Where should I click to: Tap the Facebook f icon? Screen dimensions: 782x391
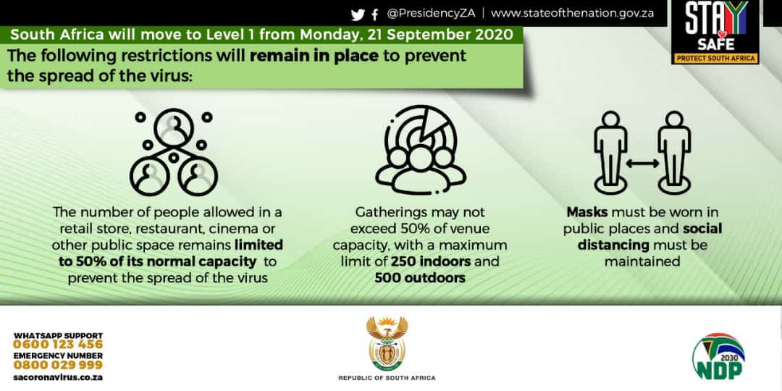[x=375, y=15]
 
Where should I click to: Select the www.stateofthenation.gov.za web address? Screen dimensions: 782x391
[x=572, y=14]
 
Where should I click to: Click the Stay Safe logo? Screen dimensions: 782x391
[x=715, y=32]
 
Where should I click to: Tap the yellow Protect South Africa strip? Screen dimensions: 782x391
[x=715, y=58]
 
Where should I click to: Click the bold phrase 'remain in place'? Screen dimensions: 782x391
[x=314, y=55]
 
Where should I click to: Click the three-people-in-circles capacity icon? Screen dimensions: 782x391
[x=174, y=151]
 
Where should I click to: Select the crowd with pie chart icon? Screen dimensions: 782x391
[x=421, y=150]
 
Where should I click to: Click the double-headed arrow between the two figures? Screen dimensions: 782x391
[x=642, y=163]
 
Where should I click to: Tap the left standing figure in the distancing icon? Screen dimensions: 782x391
[x=610, y=151]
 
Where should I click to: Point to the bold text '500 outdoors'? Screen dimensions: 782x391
[x=420, y=277]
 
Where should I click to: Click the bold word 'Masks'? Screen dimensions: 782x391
[x=587, y=212]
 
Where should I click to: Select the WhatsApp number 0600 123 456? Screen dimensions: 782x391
[x=58, y=345]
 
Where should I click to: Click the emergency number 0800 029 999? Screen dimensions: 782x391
[x=58, y=365]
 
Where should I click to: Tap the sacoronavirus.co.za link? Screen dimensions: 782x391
[x=58, y=377]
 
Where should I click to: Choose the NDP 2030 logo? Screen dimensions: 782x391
[x=718, y=356]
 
